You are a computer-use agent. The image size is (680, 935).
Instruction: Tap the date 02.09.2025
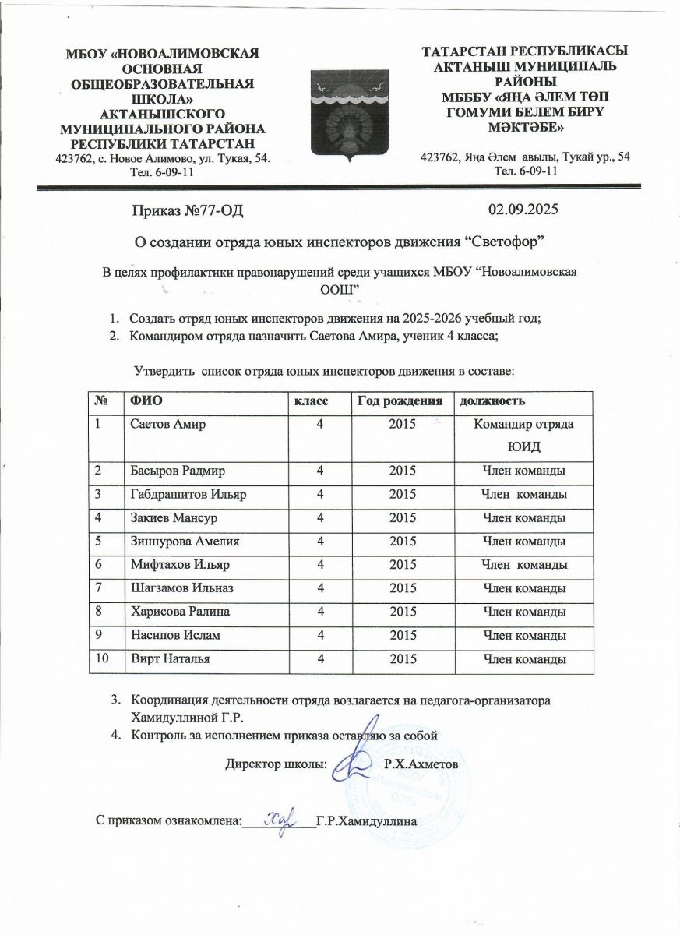point(523,209)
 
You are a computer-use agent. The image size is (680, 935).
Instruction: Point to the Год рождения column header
point(400,400)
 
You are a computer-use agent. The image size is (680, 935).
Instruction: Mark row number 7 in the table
point(99,588)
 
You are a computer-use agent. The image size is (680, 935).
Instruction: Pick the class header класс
point(311,400)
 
